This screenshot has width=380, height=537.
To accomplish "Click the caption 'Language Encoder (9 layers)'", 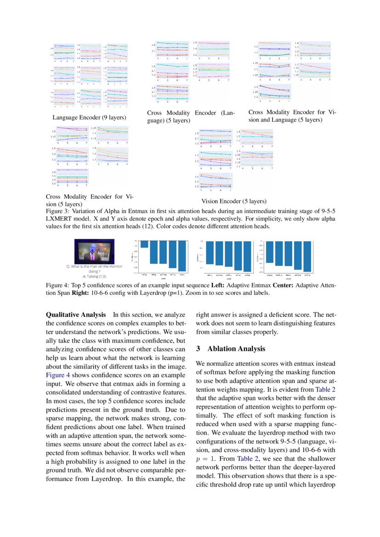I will click(x=89, y=118).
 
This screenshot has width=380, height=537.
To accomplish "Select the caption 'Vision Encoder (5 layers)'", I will click(x=234, y=201).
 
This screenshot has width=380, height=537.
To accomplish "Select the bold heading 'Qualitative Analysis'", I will click(x=75, y=315).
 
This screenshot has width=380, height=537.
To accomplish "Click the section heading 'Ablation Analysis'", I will click(x=236, y=349).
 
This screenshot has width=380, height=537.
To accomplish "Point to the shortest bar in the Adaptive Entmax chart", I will click(x=144, y=244).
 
